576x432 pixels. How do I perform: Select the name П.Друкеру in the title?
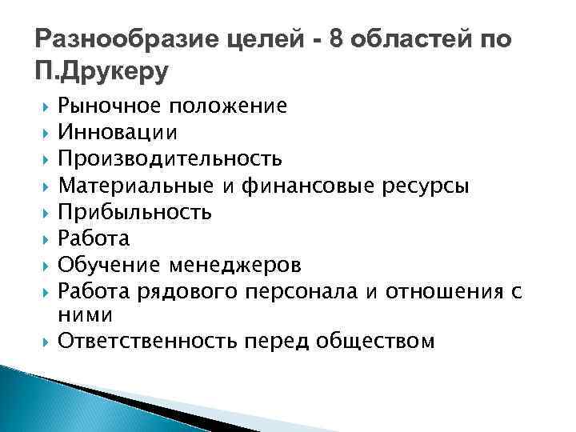(x=102, y=73)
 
